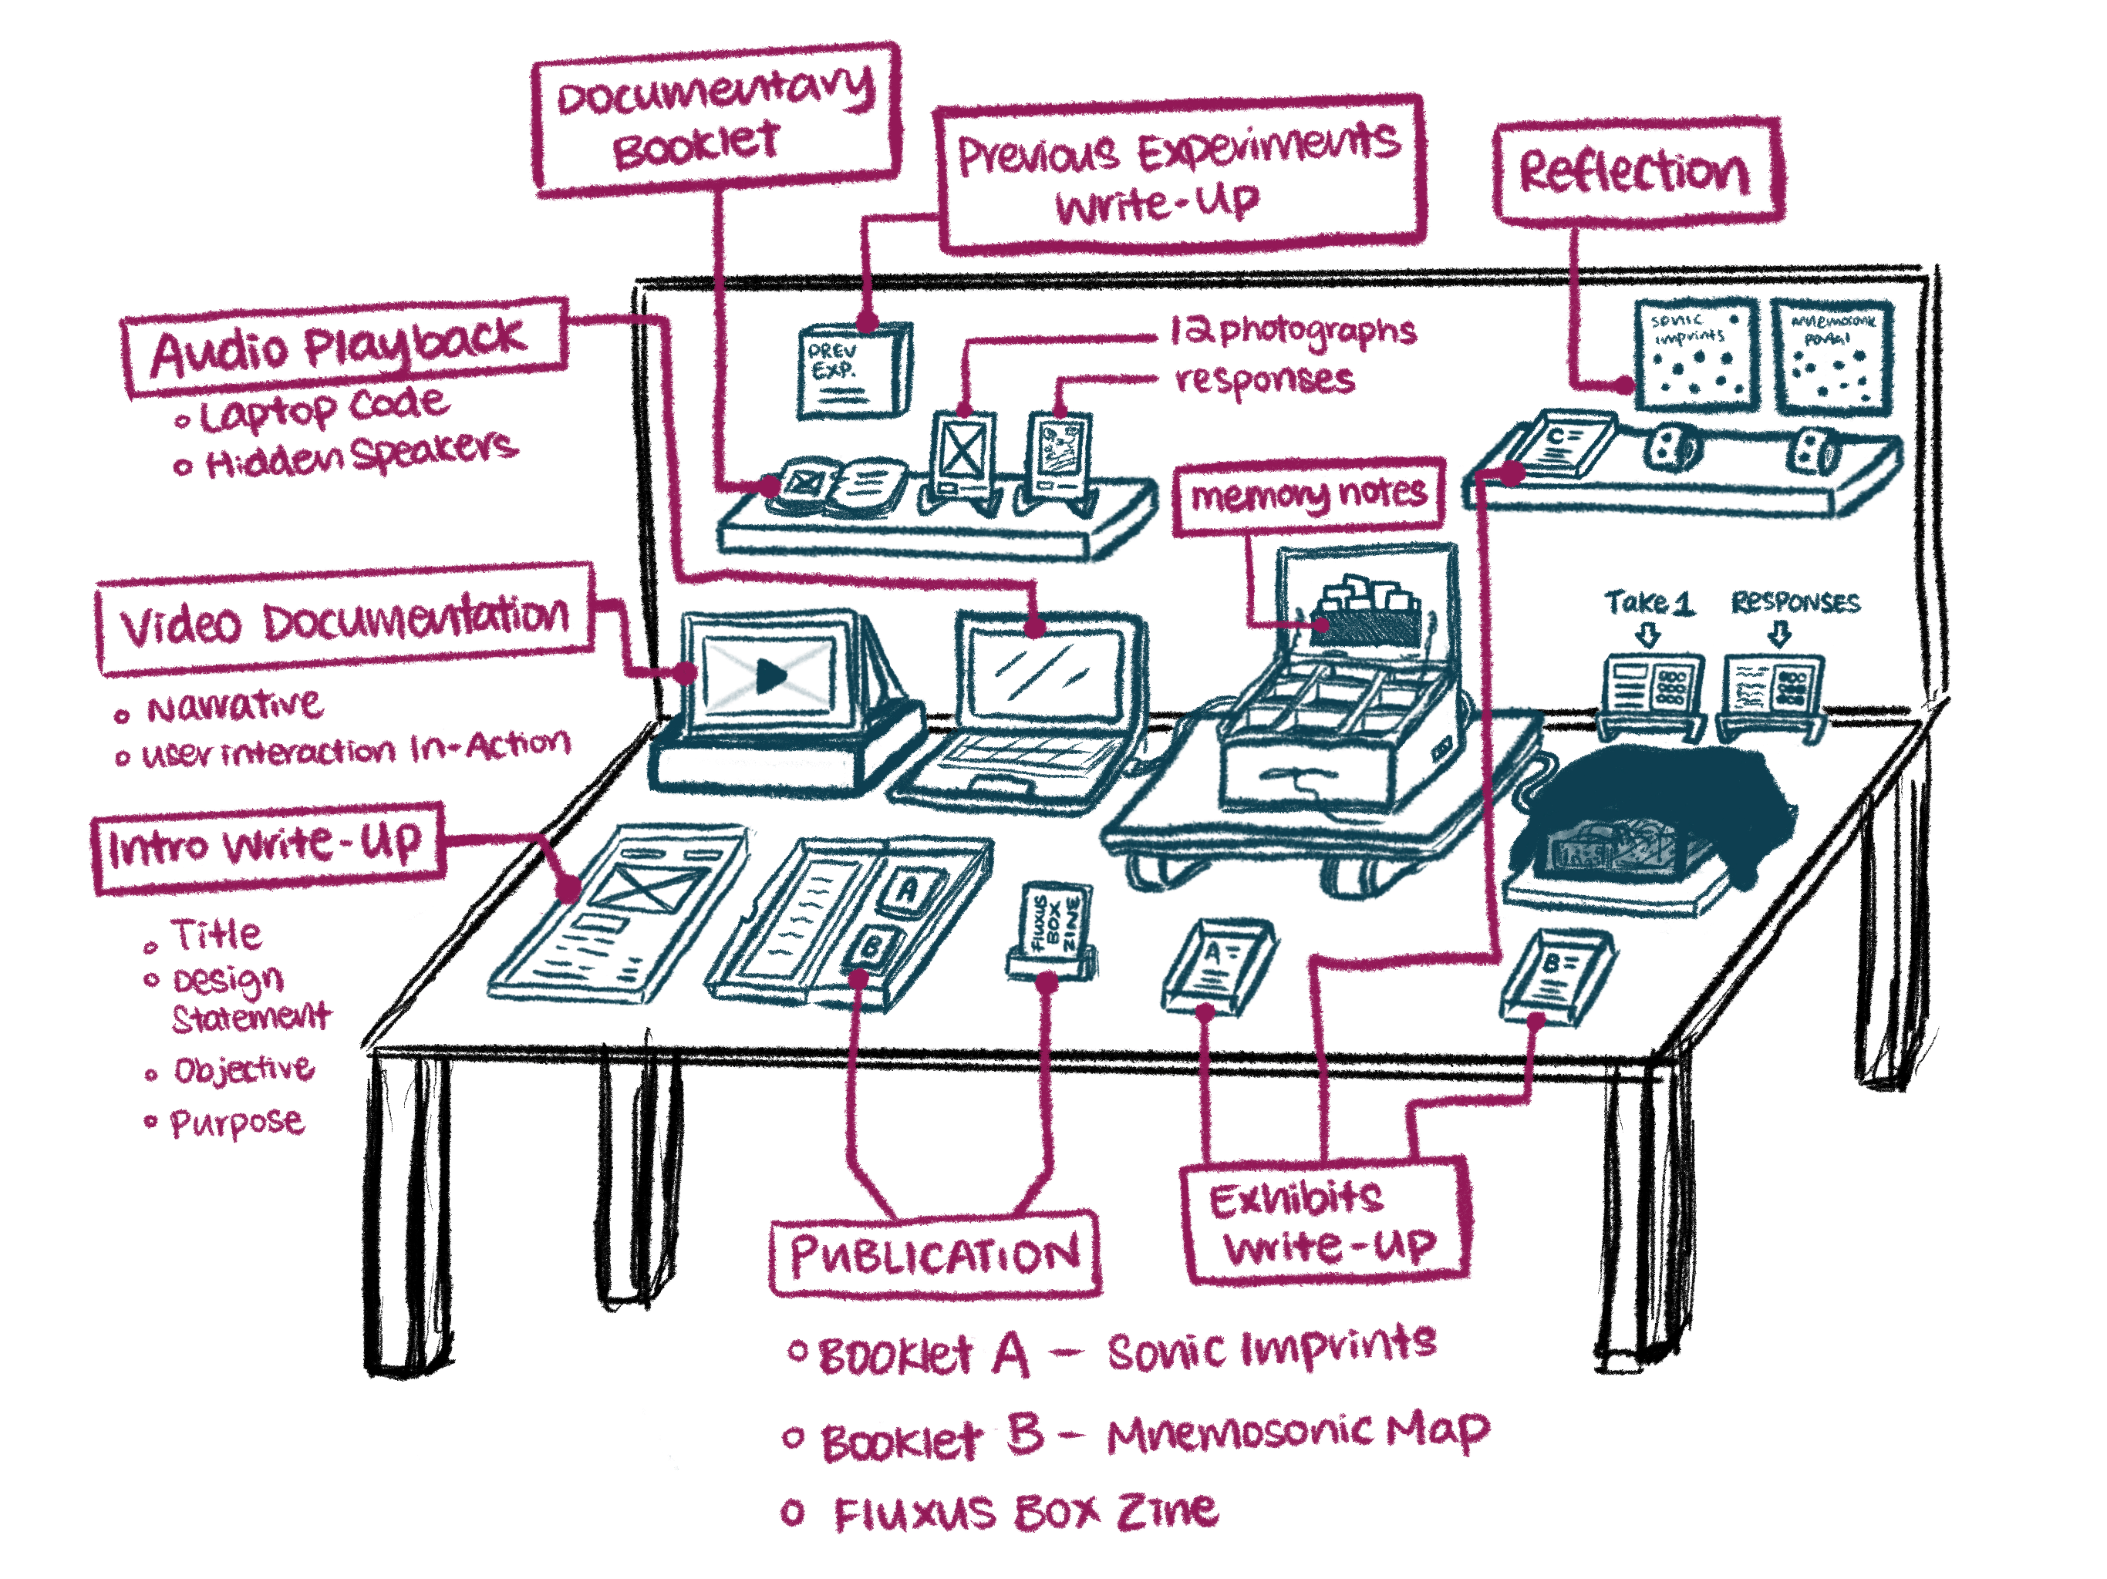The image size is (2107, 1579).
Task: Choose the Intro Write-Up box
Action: tap(268, 847)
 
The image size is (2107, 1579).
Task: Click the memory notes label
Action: tap(1309, 495)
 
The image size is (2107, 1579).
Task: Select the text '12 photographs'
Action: tap(1293, 331)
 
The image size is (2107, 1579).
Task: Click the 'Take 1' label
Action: tap(1649, 602)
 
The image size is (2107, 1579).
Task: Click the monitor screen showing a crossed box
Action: tap(770, 675)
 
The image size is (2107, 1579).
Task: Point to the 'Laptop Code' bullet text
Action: tap(324, 409)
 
